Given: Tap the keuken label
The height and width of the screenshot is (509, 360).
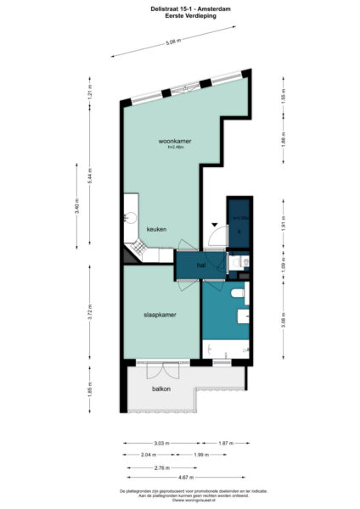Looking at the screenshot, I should (155, 230).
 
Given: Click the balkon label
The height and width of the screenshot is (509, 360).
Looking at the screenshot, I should (161, 389).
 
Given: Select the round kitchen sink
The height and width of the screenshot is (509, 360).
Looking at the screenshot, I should (128, 215).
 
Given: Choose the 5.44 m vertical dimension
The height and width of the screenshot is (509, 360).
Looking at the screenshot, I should (90, 176).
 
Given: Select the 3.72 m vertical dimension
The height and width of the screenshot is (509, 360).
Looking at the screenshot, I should (90, 311).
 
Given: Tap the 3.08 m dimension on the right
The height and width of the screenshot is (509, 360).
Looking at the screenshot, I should (283, 321).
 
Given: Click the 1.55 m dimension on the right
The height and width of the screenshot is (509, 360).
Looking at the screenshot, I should (283, 95).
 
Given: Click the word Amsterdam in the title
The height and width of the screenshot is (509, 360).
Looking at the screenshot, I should (212, 8).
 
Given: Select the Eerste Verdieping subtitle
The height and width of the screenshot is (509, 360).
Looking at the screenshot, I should (180, 15).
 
